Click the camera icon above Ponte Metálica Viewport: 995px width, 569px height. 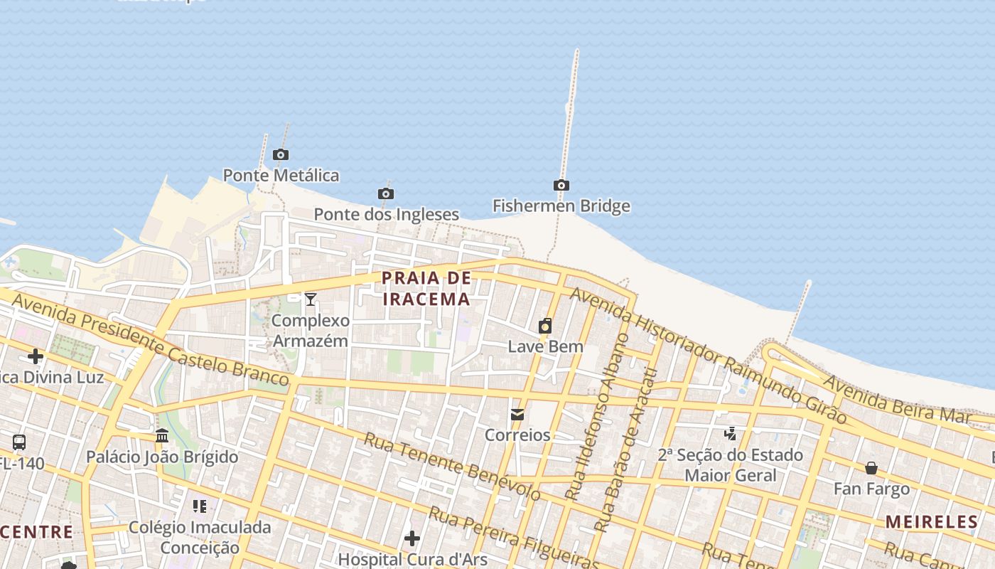[281, 155]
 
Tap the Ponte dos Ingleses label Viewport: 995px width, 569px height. [386, 214]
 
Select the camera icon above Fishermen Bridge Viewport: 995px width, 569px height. [561, 186]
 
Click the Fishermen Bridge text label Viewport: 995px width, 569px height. [561, 206]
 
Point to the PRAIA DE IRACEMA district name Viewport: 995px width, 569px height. [426, 289]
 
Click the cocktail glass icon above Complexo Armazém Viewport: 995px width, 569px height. [311, 299]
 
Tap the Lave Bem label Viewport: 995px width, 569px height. [545, 347]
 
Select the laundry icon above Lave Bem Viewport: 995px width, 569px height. [545, 326]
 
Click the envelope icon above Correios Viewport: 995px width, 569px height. [517, 414]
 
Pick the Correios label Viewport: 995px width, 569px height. [517, 435]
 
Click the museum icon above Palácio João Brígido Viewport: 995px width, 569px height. [162, 435]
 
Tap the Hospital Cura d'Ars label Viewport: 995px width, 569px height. [412, 558]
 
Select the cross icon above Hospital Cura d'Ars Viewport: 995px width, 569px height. [412, 538]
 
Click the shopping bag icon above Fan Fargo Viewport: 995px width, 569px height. [871, 468]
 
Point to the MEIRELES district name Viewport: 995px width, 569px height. [932, 522]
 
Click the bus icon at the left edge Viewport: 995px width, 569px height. [19, 442]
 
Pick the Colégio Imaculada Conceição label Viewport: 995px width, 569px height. [200, 537]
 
